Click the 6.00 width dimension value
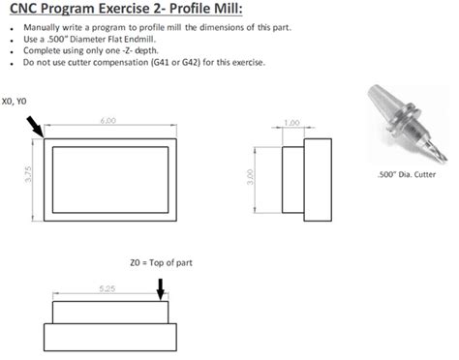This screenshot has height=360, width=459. tap(107, 120)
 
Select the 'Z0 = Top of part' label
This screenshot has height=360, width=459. tap(161, 261)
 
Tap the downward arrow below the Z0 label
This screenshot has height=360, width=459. tap(161, 285)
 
